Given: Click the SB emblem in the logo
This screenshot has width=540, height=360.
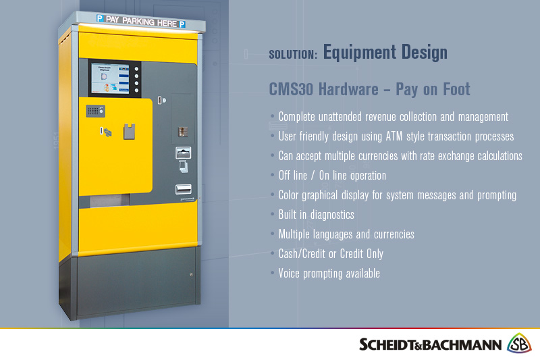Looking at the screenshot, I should [x=519, y=343].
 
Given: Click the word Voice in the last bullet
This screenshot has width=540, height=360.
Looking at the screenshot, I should [x=291, y=274].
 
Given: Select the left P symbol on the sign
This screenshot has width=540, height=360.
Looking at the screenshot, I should [x=100, y=19].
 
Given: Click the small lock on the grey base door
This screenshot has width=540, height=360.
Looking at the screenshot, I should [x=191, y=274].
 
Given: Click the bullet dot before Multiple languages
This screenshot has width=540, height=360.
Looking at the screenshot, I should [x=272, y=234].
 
